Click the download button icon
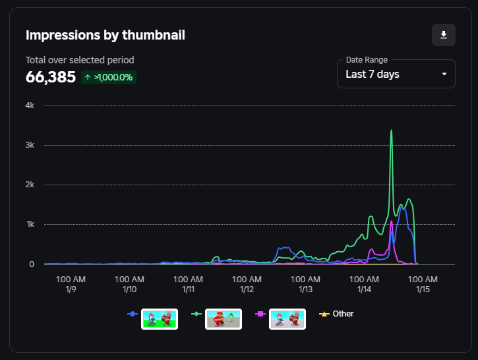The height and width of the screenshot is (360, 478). [x=444, y=35]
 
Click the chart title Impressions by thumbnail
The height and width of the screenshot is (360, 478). [x=105, y=35]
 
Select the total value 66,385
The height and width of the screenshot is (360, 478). [x=51, y=77]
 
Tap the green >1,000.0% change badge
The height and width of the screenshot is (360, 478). [x=109, y=77]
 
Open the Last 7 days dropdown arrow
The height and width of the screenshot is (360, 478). [x=444, y=74]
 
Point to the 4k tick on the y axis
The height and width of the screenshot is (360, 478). [x=30, y=105]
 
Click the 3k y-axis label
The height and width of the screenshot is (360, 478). [x=30, y=145]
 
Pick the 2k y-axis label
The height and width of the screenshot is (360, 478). [x=30, y=185]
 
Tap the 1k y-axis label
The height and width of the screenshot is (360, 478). [x=30, y=224]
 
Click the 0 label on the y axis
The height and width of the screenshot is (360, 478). [x=32, y=264]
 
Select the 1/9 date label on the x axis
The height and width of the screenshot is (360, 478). [x=71, y=289]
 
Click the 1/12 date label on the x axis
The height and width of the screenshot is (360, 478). [x=247, y=289]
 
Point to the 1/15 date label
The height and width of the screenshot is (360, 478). [x=423, y=289]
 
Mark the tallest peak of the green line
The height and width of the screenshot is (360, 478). [x=391, y=131]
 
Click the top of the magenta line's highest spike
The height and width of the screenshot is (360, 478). [x=391, y=221]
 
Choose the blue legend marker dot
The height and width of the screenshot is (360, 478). [x=133, y=314]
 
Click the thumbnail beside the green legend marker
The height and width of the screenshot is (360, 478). [x=224, y=319]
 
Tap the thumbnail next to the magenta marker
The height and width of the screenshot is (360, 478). [x=287, y=319]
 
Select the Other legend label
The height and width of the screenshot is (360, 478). [x=343, y=314]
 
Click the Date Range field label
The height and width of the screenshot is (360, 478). [x=367, y=60]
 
